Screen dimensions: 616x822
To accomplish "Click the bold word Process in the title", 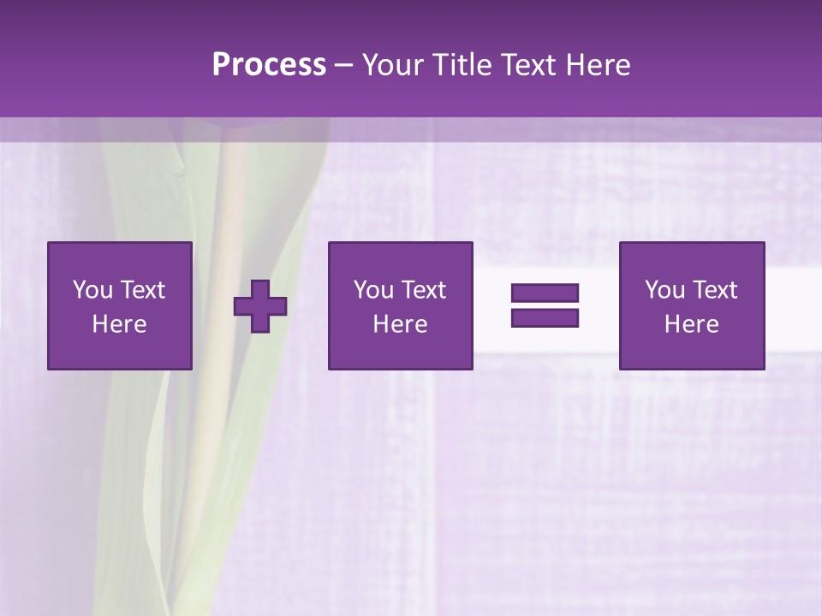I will (x=269, y=65).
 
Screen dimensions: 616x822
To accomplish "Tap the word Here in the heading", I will (x=597, y=65).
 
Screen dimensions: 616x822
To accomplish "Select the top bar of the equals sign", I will (x=545, y=293).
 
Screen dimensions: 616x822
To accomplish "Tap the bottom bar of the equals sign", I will (x=545, y=317).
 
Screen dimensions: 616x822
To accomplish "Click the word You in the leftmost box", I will (x=92, y=290).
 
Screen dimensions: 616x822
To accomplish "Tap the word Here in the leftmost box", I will (x=120, y=324).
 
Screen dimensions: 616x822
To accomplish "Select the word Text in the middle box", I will (x=423, y=290).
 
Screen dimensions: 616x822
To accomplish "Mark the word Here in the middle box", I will (x=400, y=324).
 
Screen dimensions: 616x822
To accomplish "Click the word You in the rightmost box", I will (x=664, y=290).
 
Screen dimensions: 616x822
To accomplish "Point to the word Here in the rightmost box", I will (x=692, y=324).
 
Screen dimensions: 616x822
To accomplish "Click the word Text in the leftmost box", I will (x=142, y=290).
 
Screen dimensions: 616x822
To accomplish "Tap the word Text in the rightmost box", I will (x=714, y=290).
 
